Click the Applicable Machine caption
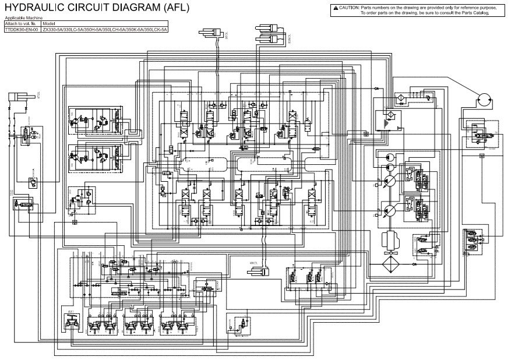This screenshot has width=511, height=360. tap(20, 19)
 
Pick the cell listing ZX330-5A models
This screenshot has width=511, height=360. tap(105, 29)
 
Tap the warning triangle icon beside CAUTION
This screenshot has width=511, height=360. tap(336, 8)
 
